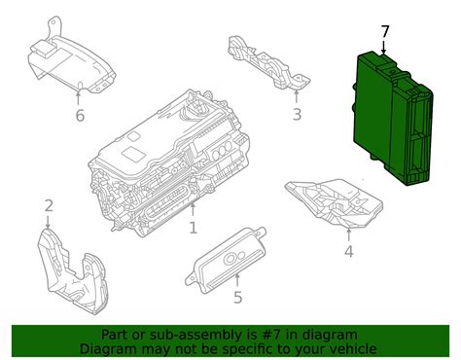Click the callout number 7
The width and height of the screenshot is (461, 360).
[x=384, y=32]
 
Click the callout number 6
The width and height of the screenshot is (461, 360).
[x=80, y=116]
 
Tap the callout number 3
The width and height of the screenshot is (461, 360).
[x=297, y=115]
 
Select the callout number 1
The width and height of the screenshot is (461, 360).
[x=194, y=228]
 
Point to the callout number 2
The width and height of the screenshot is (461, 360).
[x=49, y=206]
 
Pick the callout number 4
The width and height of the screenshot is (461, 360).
[x=348, y=252]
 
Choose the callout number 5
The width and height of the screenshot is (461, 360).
[x=238, y=298]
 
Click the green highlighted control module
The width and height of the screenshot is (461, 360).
[x=393, y=119]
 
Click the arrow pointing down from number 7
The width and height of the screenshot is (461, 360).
[x=384, y=47]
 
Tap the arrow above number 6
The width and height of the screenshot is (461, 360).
[x=78, y=98]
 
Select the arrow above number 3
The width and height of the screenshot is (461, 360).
[x=296, y=97]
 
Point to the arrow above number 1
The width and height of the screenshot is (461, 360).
[x=193, y=209]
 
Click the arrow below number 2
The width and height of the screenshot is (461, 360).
[x=48, y=222]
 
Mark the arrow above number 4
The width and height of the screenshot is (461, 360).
[x=349, y=234]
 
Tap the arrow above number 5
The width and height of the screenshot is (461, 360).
[x=237, y=280]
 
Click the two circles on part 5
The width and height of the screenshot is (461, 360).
[x=235, y=258]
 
